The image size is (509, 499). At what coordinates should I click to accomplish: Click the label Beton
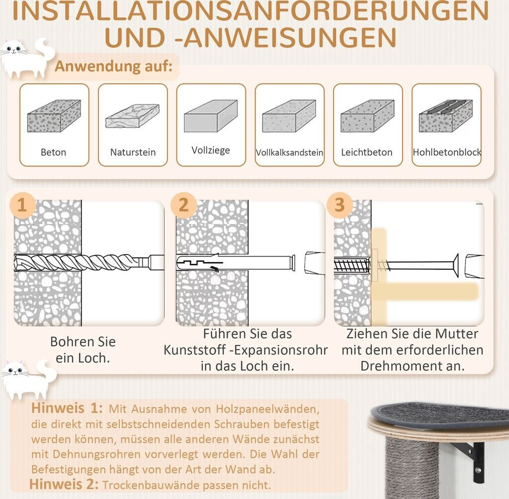point(54,152)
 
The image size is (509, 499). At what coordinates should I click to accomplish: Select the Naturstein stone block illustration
point(132,116)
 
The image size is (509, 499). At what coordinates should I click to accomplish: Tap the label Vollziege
point(211,150)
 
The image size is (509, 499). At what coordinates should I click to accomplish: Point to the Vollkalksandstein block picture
point(289,116)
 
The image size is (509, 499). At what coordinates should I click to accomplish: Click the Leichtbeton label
point(367,152)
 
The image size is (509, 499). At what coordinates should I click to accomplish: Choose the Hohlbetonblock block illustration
point(446,116)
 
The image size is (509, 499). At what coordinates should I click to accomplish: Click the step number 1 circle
point(22,205)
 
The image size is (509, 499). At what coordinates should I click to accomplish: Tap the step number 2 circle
point(183,205)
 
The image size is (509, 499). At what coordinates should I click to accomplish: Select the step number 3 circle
point(339,205)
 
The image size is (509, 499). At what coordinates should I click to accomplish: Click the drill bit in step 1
point(88,262)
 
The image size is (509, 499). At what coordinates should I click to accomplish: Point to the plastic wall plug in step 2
point(236,262)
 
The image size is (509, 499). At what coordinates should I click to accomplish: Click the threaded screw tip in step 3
point(352,265)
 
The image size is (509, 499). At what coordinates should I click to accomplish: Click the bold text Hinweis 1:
point(67,408)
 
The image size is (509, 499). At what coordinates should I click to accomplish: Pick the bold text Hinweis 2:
point(64,485)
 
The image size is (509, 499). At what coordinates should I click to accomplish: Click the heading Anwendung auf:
point(114,66)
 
